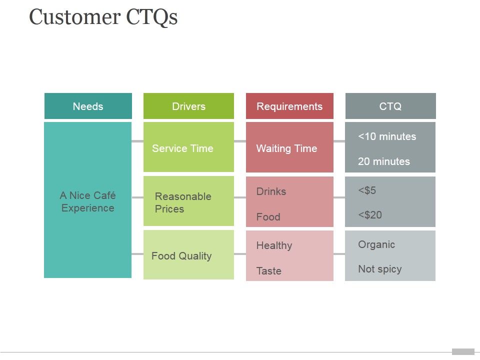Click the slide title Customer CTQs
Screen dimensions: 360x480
click(x=103, y=17)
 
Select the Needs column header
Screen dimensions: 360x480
click(x=88, y=106)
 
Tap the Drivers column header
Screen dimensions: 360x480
click(x=188, y=106)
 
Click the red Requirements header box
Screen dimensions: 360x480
click(x=289, y=106)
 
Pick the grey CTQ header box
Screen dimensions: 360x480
click(x=390, y=106)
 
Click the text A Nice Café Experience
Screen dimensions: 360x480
click(x=87, y=201)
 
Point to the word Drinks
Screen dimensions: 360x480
click(x=271, y=191)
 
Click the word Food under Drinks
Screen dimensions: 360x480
click(x=268, y=217)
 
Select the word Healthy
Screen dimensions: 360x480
click(x=274, y=245)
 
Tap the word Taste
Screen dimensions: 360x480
click(x=268, y=271)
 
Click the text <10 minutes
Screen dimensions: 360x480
click(x=387, y=136)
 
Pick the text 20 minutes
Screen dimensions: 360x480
click(x=383, y=161)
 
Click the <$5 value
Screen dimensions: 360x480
click(x=367, y=190)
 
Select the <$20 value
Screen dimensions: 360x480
click(x=370, y=215)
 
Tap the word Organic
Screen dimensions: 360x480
click(x=376, y=244)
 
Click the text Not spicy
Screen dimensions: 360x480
click(x=379, y=269)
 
